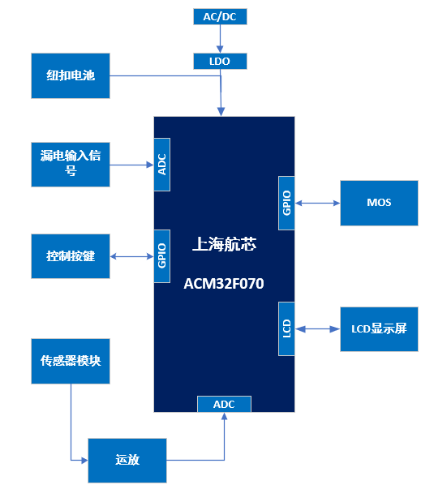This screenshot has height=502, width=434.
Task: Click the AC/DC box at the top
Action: coord(220,16)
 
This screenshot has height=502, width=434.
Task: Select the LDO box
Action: coord(220,61)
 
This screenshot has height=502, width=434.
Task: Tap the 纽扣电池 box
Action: coord(70,76)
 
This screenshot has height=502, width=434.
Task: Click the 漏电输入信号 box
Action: coord(70,162)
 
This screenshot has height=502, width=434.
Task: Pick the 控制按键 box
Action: coord(70,256)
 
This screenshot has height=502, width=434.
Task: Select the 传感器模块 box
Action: coord(70,360)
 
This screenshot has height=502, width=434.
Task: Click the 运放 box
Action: coord(127,460)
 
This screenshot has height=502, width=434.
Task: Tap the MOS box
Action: coord(379,203)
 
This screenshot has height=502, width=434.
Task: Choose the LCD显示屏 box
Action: coord(379,328)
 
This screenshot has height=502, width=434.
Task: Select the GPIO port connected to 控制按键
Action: coord(162,256)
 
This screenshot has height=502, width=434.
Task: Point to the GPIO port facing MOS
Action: coord(286,203)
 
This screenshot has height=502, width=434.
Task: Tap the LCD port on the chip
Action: coord(286,328)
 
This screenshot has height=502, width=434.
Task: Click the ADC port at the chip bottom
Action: coord(224,404)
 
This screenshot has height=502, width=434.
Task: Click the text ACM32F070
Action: coord(224,284)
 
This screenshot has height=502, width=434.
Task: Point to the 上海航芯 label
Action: coord(224,243)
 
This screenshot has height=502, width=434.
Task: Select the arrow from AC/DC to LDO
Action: coord(220,39)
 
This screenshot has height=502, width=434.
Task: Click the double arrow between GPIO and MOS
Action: coord(317,203)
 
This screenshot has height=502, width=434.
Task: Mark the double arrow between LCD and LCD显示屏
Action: coord(317,328)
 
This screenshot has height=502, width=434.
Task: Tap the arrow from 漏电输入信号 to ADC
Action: coord(131,165)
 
